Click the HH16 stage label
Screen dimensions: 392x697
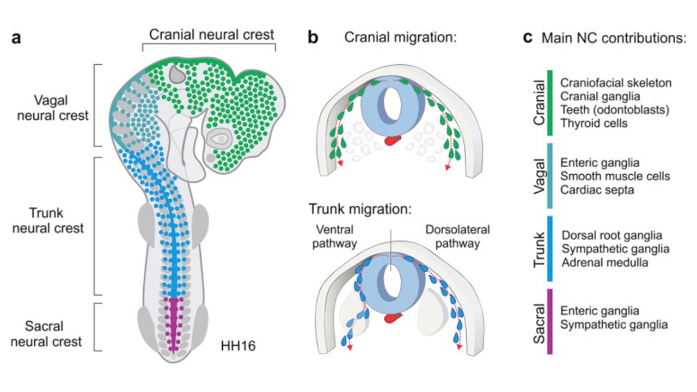click(x=238, y=345)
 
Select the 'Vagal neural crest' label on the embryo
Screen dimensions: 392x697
click(x=53, y=108)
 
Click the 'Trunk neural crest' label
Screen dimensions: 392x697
click(x=50, y=220)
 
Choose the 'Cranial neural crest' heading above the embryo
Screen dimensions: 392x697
click(x=212, y=35)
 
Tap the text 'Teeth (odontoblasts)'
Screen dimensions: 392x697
click(x=615, y=110)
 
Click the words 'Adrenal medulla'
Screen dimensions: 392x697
click(x=604, y=262)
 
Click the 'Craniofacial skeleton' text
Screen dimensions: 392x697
click(x=616, y=83)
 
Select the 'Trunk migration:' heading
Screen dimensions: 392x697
click(x=360, y=209)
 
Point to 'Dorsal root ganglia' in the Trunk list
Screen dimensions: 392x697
click(x=612, y=235)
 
